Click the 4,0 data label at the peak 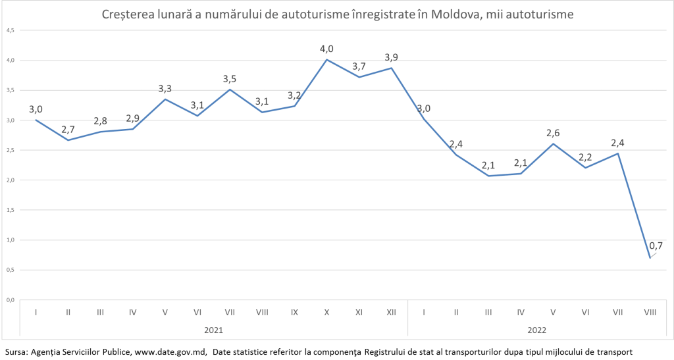click(x=326, y=49)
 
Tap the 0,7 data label click(x=656, y=246)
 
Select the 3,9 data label click(x=391, y=57)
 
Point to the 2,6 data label click(x=552, y=133)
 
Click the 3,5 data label click(x=230, y=79)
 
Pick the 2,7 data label click(x=67, y=129)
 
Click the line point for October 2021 click(x=326, y=60)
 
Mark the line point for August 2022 click(x=650, y=257)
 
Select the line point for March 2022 click(x=488, y=176)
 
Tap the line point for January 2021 click(x=36, y=120)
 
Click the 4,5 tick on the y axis click(x=11, y=30)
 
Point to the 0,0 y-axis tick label click(x=11, y=300)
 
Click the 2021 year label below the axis click(x=213, y=329)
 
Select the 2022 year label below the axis click(x=536, y=329)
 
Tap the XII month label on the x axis click(x=391, y=313)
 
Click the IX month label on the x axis click(x=294, y=313)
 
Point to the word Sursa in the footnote click(x=14, y=352)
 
